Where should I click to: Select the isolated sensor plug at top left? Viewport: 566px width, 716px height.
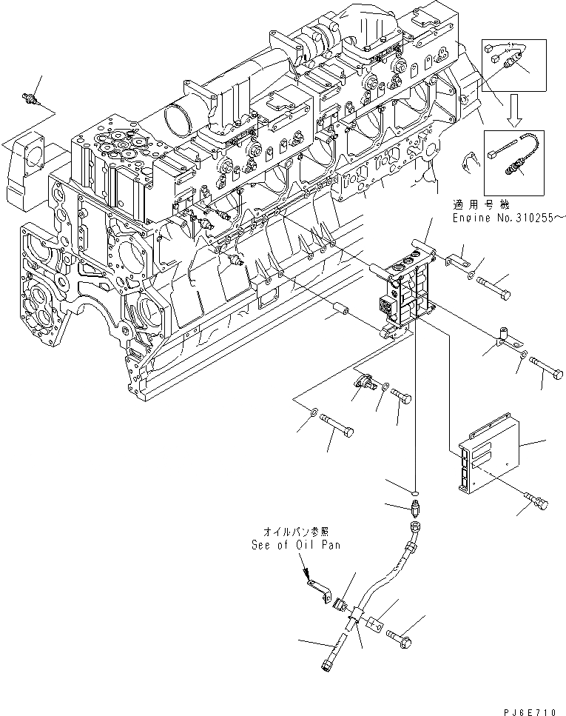(32, 99)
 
